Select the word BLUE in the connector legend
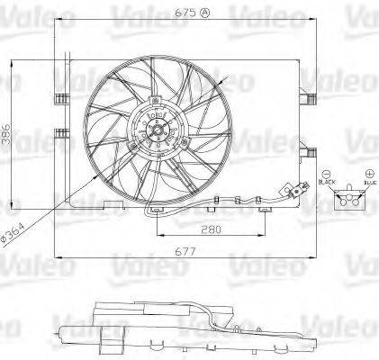pos(369,184)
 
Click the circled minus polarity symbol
pos(326,173)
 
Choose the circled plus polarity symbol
pos(369,173)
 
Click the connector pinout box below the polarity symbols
pos(348,202)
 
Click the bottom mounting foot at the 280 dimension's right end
pos(265,210)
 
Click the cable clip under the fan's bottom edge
pos(158,211)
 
